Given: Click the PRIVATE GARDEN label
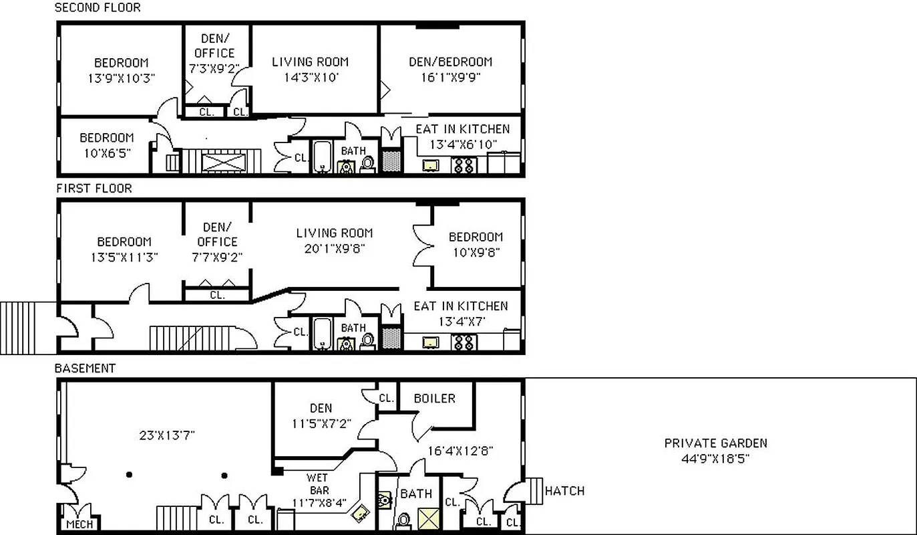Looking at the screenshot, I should click(x=715, y=443).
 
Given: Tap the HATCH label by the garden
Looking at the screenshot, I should click(x=564, y=491).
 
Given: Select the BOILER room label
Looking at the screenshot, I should click(x=434, y=399).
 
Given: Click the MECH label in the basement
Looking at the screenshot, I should click(x=79, y=524).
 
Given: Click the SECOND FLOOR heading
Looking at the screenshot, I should click(x=98, y=8).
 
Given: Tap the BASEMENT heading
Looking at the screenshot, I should click(x=85, y=368).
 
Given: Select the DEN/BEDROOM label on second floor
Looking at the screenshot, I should click(x=450, y=62).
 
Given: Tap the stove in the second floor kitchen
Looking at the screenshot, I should click(x=462, y=165).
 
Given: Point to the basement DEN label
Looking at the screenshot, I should click(x=321, y=408).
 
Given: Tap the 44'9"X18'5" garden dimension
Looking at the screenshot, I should click(x=715, y=459).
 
